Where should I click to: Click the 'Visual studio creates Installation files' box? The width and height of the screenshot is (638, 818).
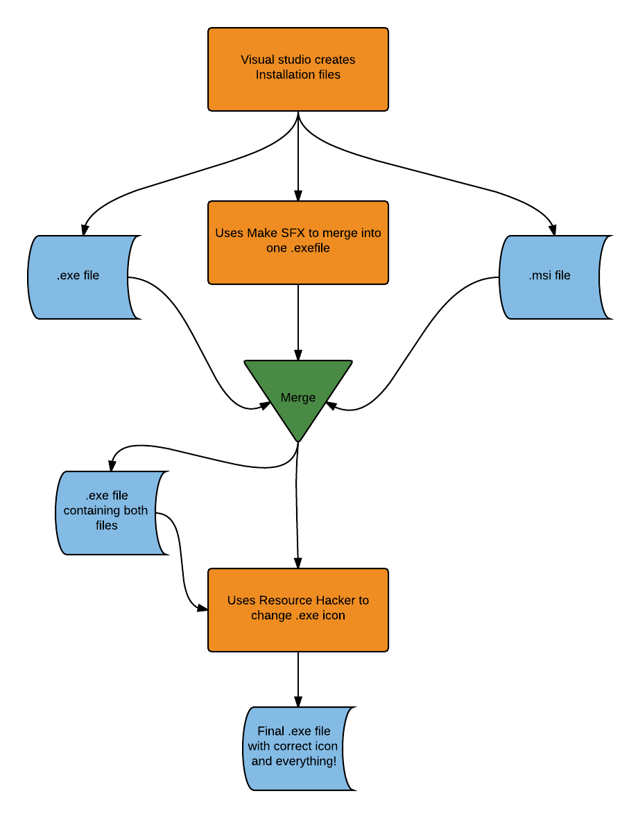[298, 69]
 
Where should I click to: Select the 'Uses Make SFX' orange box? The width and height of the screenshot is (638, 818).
[298, 243]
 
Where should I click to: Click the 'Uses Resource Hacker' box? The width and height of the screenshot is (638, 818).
[298, 610]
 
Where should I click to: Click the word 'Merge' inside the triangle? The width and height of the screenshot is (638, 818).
[298, 398]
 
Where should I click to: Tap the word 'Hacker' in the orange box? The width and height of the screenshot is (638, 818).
[325, 600]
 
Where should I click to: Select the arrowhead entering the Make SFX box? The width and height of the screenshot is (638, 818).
[298, 195]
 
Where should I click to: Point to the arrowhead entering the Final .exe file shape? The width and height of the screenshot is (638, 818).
[298, 701]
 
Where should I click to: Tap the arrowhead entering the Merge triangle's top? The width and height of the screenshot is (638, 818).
[298, 354]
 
